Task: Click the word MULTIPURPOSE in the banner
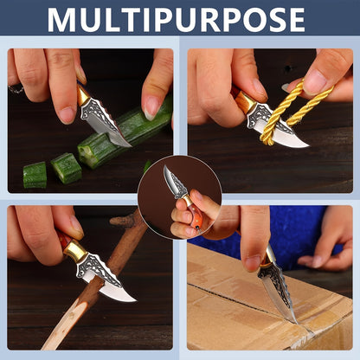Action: click(x=176, y=20)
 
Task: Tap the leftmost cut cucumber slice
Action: click(x=35, y=175)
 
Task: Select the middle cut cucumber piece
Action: click(x=66, y=168)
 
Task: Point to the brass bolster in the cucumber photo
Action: click(x=82, y=95)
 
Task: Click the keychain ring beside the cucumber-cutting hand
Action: click(x=16, y=89)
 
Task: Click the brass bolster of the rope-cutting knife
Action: click(x=247, y=103)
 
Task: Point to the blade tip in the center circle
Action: click(x=164, y=167)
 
